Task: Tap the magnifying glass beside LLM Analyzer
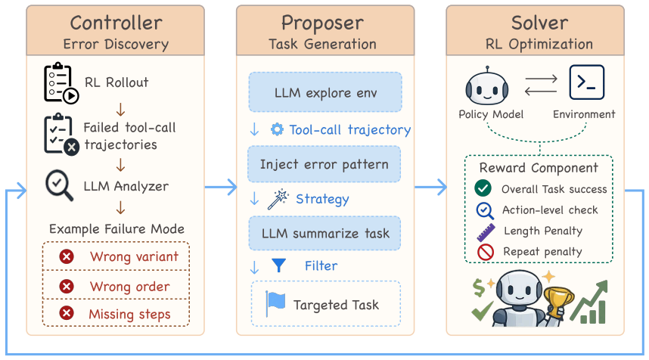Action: [x=59, y=185]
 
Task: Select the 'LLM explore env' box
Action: [x=325, y=92]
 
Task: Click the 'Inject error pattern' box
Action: [x=324, y=164]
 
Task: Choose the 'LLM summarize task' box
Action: [x=325, y=234]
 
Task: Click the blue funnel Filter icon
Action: [x=279, y=265]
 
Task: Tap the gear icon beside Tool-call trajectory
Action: [x=277, y=129]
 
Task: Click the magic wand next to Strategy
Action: [x=278, y=199]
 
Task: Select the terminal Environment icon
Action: [x=586, y=82]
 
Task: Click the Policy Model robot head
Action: [x=487, y=86]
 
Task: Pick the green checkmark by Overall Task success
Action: [x=483, y=188]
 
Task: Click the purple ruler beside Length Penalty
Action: [x=486, y=232]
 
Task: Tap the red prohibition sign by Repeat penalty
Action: [x=486, y=252]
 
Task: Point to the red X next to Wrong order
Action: [x=67, y=287]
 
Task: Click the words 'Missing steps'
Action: [x=129, y=314]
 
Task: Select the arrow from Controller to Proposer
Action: [x=221, y=187]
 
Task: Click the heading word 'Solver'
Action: [x=539, y=23]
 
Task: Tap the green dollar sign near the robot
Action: [x=479, y=287]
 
